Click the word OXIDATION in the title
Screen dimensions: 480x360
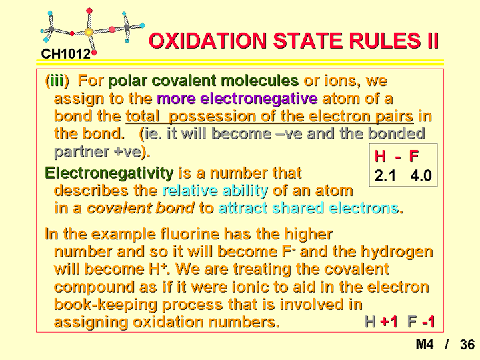pyautogui.click(x=207, y=41)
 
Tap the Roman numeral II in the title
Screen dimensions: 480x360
pyautogui.click(x=431, y=41)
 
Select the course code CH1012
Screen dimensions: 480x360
pyautogui.click(x=66, y=54)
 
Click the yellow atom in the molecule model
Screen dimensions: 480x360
pyautogui.click(x=89, y=32)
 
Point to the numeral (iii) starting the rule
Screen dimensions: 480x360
pyautogui.click(x=57, y=81)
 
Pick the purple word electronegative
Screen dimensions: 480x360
pyautogui.click(x=237, y=99)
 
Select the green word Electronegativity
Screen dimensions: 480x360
pyautogui.click(x=109, y=173)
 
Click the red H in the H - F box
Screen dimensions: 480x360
pyautogui.click(x=380, y=156)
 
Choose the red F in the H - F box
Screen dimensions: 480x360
pyautogui.click(x=414, y=156)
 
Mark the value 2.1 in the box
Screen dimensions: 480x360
pyautogui.click(x=385, y=176)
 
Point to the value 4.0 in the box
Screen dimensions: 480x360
pyautogui.click(x=421, y=176)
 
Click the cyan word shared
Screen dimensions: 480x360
pyautogui.click(x=298, y=208)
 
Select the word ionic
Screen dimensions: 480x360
pyautogui.click(x=253, y=287)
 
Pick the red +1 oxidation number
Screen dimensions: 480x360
pyautogui.click(x=389, y=322)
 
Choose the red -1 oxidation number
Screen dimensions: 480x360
pyautogui.click(x=428, y=322)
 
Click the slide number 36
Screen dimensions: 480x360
pyautogui.click(x=467, y=345)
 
